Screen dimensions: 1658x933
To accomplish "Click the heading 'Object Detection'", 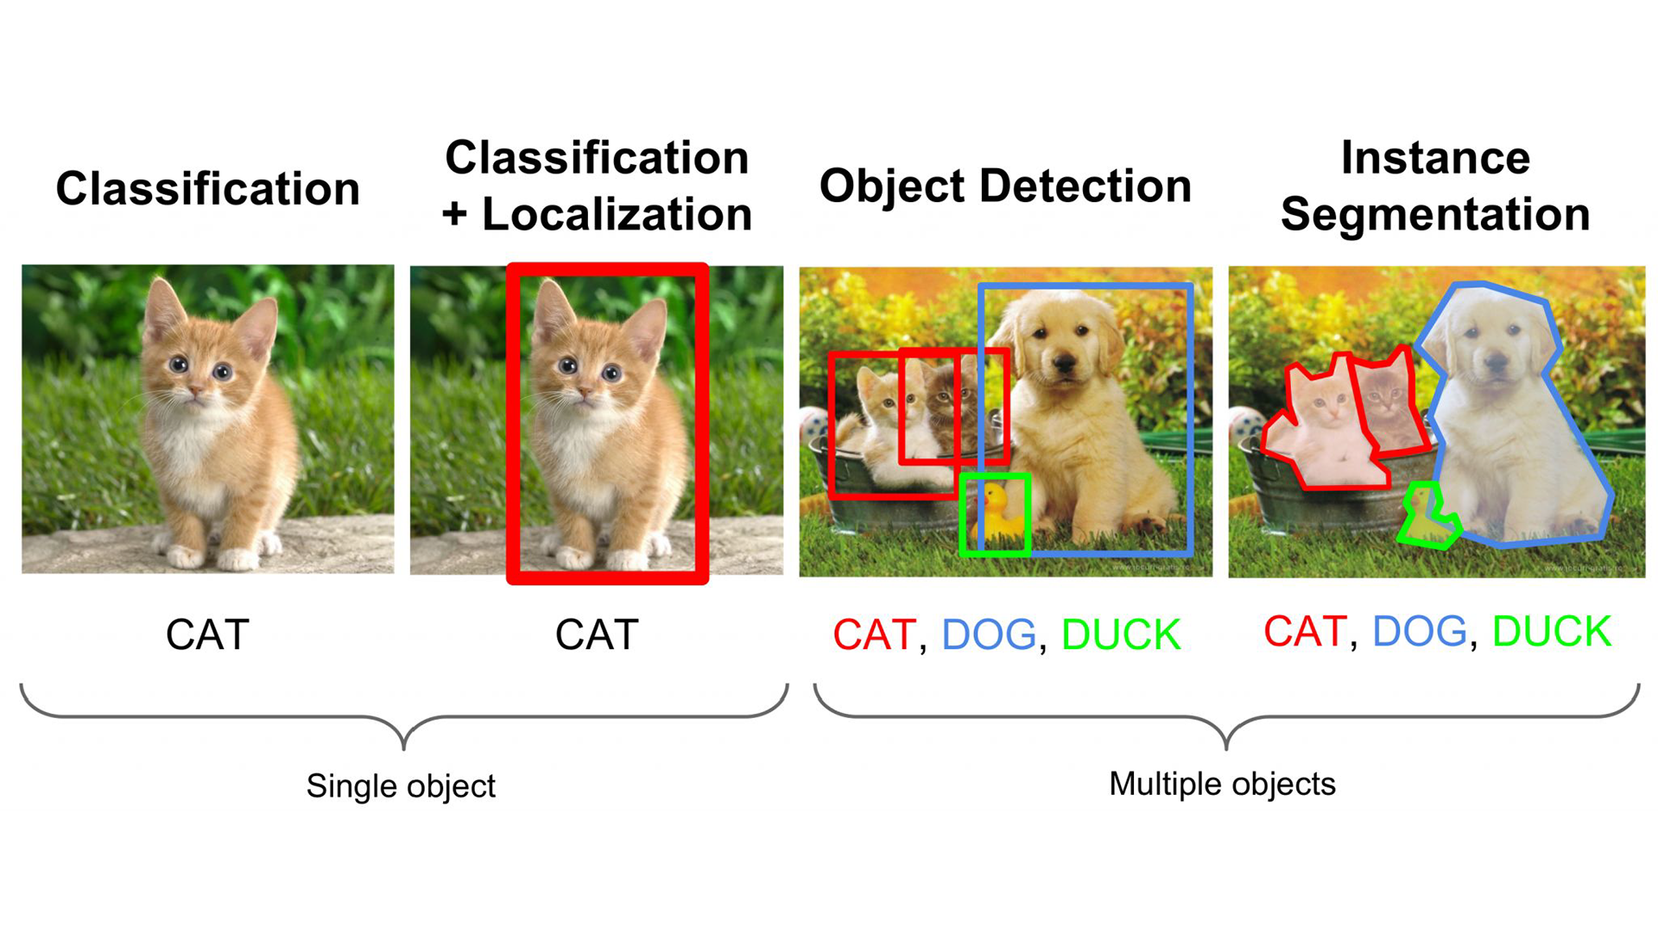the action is click(1005, 186).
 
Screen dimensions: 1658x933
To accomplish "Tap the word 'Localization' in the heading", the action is click(617, 214).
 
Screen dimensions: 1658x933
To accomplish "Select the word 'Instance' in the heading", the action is click(1435, 158).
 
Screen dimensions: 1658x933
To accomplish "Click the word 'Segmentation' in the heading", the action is click(1435, 214).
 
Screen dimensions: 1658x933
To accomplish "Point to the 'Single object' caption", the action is click(401, 785).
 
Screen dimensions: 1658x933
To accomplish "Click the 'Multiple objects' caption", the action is click(1222, 784).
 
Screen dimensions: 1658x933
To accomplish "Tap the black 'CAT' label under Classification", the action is click(207, 635).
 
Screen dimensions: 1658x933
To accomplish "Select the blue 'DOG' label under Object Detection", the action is click(988, 635).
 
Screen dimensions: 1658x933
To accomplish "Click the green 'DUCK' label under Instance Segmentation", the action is click(1551, 632).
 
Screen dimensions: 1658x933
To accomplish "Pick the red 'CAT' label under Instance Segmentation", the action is click(1304, 632).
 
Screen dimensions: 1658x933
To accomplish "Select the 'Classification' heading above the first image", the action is click(207, 188).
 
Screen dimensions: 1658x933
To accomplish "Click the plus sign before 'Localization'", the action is click(454, 214).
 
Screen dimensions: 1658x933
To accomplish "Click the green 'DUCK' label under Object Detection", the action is click(1120, 635).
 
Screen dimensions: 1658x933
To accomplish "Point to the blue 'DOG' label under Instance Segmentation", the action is click(1419, 632).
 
